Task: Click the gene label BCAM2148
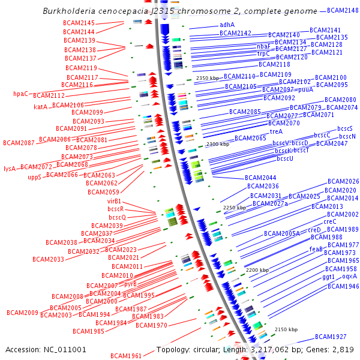343,10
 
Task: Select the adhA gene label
227,25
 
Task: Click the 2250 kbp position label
235,208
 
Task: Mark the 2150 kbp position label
286,329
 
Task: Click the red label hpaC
21,94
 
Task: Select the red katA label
41,107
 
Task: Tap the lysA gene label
10,169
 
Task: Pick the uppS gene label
35,178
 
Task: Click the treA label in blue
276,131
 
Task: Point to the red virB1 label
115,201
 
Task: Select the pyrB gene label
130,284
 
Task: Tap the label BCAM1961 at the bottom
126,356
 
